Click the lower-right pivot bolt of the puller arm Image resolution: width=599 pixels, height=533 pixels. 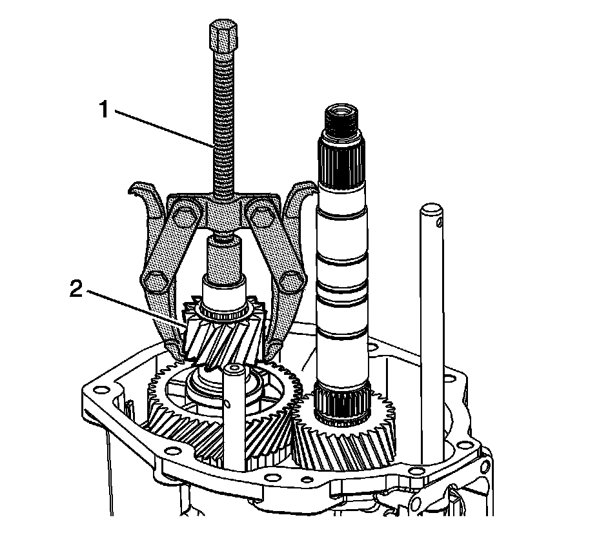click(292, 279)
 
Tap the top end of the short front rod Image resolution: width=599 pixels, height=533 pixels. click(232, 370)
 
